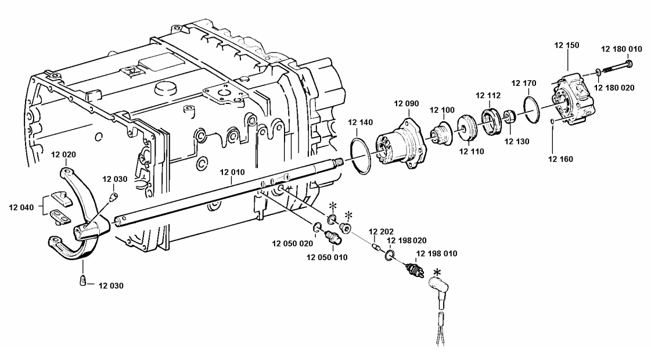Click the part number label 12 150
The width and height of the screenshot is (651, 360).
pyautogui.click(x=566, y=45)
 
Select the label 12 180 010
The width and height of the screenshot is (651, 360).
pyautogui.click(x=621, y=49)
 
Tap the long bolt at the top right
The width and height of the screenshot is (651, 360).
pyautogui.click(x=616, y=66)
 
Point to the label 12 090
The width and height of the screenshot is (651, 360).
pyautogui.click(x=405, y=104)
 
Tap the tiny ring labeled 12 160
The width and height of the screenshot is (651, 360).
pyautogui.click(x=552, y=121)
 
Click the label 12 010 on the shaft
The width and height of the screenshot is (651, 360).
pyautogui.click(x=232, y=172)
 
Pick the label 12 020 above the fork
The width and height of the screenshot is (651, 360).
pyautogui.click(x=63, y=154)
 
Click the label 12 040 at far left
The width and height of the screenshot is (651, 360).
pyautogui.click(x=21, y=206)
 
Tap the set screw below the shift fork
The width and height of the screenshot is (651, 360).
pyautogui.click(x=82, y=281)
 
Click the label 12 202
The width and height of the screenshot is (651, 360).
pyautogui.click(x=378, y=232)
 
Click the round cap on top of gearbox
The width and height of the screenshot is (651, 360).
pyautogui.click(x=165, y=88)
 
